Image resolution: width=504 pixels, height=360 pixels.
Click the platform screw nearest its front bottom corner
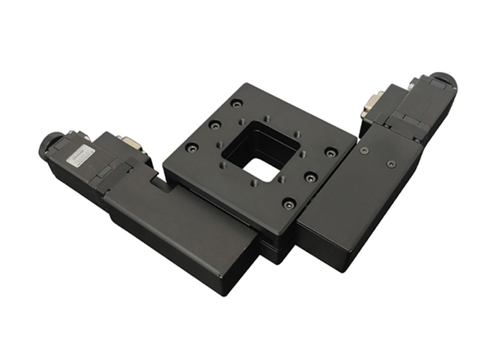(289, 203)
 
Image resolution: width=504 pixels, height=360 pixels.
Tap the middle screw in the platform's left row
(214, 127)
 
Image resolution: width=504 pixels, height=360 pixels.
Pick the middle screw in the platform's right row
(310, 176)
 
